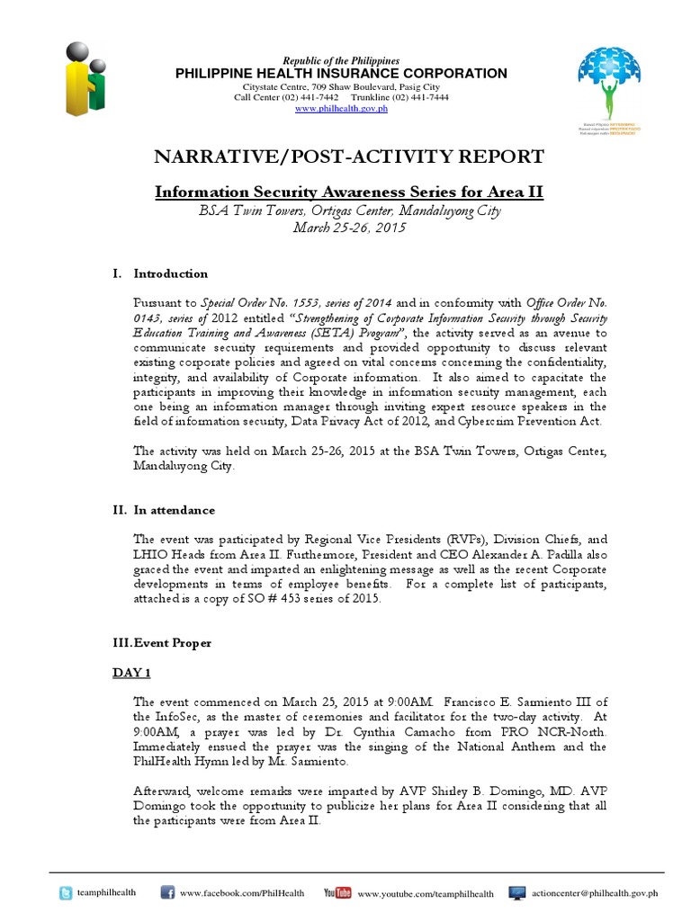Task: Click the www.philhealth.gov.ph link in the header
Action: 340,109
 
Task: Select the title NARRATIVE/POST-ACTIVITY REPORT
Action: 349,157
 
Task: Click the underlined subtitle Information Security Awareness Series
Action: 349,192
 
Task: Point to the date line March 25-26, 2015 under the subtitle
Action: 349,228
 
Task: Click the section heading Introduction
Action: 170,273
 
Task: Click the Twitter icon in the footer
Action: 66,893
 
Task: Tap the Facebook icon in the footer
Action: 167,893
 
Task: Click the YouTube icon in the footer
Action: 337,893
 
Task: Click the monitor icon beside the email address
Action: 517,893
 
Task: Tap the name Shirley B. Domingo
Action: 439,791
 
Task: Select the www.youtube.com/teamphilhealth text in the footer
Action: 426,894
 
